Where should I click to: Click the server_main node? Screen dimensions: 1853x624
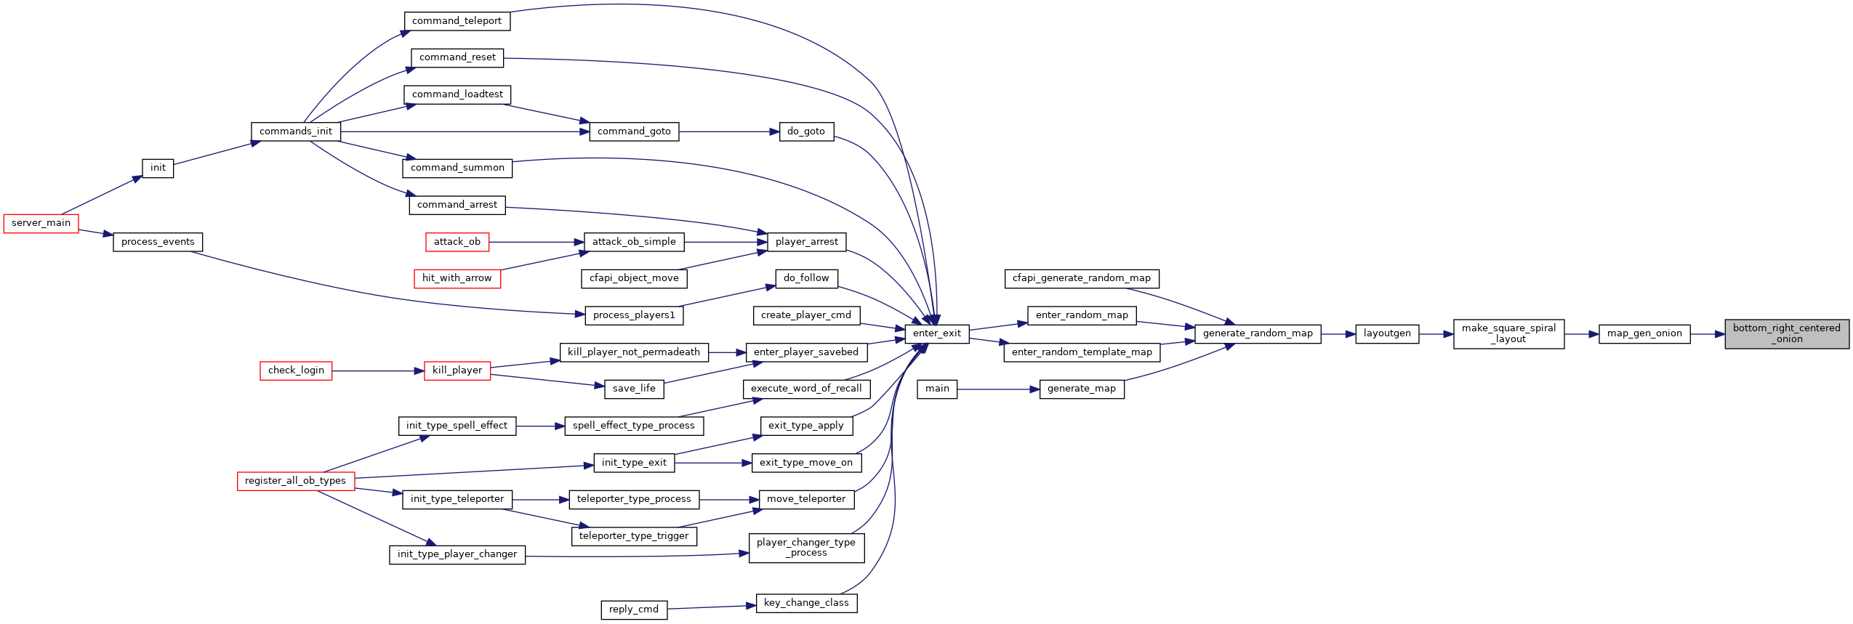[41, 223]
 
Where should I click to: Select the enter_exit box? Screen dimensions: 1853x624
[936, 333]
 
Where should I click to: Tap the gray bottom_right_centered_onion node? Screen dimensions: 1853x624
[1786, 333]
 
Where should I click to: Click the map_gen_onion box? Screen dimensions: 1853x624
[1644, 333]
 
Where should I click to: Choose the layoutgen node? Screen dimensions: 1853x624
[1387, 333]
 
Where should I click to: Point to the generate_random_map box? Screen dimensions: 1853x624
[1258, 333]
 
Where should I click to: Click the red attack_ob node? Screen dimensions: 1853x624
[457, 242]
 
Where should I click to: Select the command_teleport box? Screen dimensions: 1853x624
[457, 21]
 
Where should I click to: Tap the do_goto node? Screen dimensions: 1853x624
[805, 131]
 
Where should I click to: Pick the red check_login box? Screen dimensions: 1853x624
[296, 370]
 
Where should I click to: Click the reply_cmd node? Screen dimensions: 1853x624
[634, 609]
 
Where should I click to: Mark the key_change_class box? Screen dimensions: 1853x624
[806, 603]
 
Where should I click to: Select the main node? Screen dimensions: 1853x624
[937, 389]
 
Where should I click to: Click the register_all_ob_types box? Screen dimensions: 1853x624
[295, 481]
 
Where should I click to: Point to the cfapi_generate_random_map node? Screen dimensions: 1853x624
[1082, 278]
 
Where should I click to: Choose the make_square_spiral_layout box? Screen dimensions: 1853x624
[1508, 333]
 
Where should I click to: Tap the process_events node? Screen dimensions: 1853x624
[158, 242]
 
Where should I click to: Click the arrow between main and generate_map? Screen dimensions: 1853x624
[998, 389]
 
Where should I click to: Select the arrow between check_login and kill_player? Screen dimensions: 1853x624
[378, 371]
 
